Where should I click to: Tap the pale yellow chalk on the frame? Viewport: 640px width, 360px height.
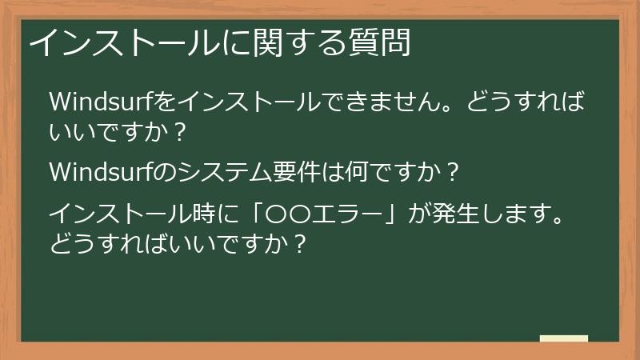coord(563,338)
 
